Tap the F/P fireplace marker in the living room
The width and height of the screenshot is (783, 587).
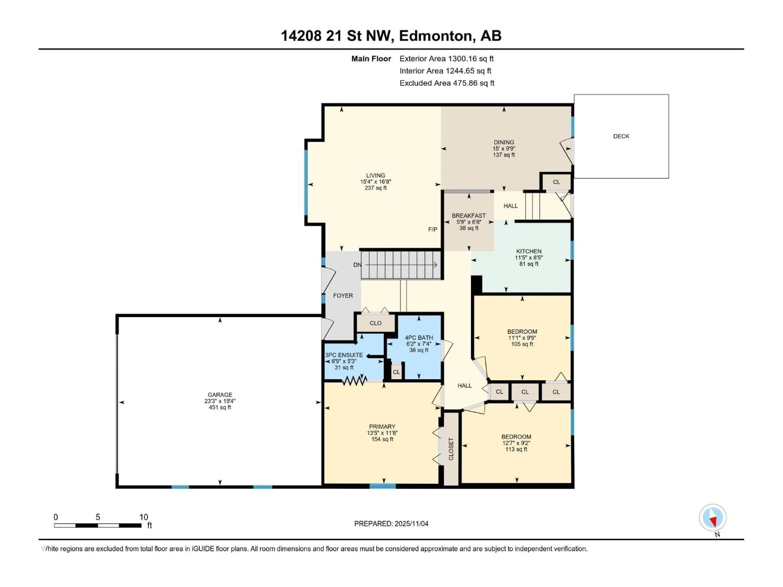point(432,230)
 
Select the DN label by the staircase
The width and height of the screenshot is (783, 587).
point(357,265)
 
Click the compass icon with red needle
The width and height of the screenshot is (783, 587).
point(713,518)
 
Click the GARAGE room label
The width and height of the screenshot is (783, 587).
point(220,395)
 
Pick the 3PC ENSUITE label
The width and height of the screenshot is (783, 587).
point(344,355)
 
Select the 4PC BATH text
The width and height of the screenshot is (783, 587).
point(419,338)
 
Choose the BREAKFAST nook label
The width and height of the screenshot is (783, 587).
point(469,215)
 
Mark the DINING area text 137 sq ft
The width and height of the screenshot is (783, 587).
point(504,155)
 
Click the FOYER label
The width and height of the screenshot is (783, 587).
point(343,296)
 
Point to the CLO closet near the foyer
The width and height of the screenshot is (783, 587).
point(376,323)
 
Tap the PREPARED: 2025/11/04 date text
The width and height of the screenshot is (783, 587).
point(391,524)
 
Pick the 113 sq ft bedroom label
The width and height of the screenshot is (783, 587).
point(516,449)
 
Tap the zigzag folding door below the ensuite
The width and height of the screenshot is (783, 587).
point(354,381)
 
